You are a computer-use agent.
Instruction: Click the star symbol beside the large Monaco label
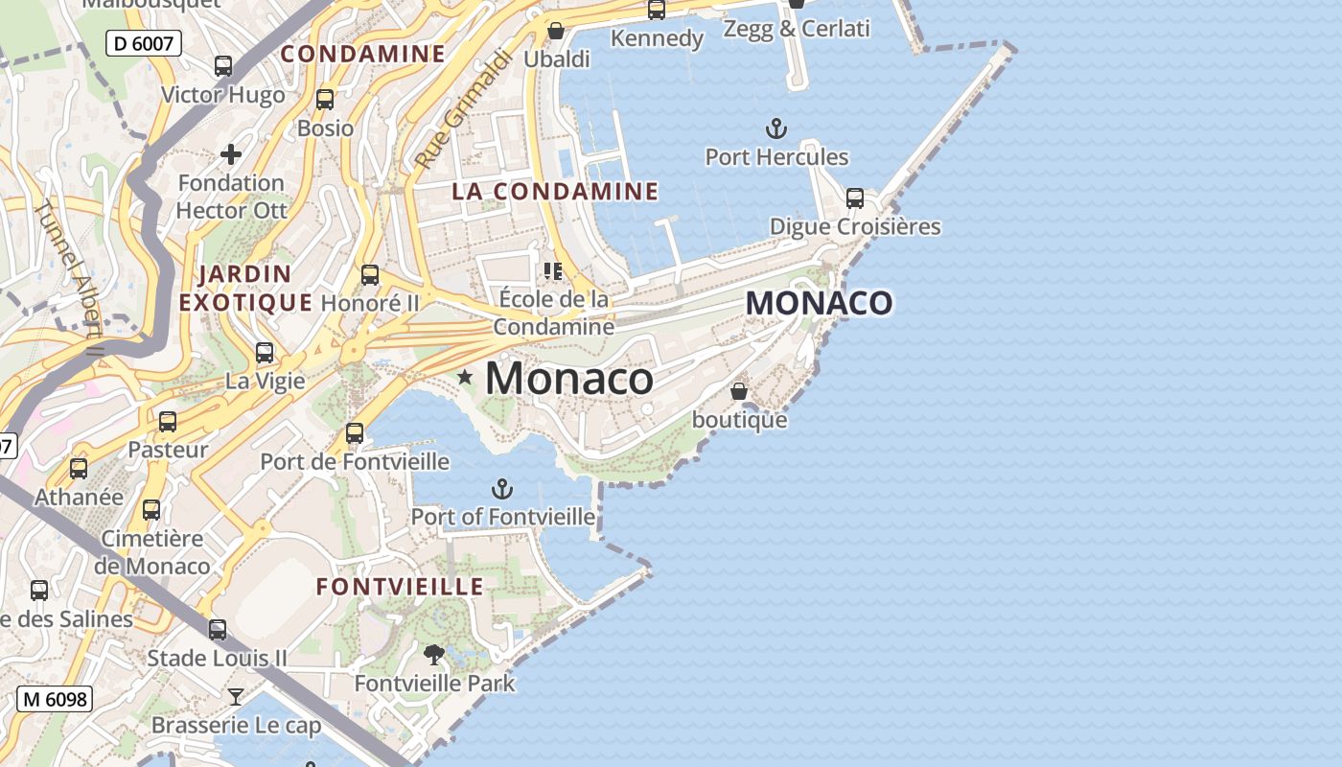tap(465, 378)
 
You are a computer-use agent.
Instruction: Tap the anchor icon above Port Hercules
tap(775, 128)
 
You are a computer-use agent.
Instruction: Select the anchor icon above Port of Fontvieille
tap(501, 490)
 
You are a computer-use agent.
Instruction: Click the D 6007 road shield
tap(144, 42)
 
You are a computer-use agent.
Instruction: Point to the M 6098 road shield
tap(55, 699)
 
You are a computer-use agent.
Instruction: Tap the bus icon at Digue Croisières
tap(854, 198)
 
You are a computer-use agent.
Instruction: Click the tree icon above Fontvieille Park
tap(434, 655)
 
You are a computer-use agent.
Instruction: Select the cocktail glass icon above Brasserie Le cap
tap(236, 696)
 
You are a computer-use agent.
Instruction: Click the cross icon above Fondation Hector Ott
tap(231, 153)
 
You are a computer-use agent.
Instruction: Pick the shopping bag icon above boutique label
tap(739, 391)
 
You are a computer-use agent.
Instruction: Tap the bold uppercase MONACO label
tap(820, 303)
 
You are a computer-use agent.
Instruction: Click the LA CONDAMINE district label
tap(555, 192)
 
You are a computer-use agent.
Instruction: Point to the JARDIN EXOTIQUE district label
tap(245, 289)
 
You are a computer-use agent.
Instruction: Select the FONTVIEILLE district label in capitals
tap(400, 586)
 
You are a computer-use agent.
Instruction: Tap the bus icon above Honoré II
tap(370, 275)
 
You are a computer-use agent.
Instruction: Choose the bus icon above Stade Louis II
tap(218, 630)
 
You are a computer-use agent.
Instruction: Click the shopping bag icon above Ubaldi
tap(555, 31)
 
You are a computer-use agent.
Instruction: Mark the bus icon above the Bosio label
tap(325, 100)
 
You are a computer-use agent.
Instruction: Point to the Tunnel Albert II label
tap(69, 278)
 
